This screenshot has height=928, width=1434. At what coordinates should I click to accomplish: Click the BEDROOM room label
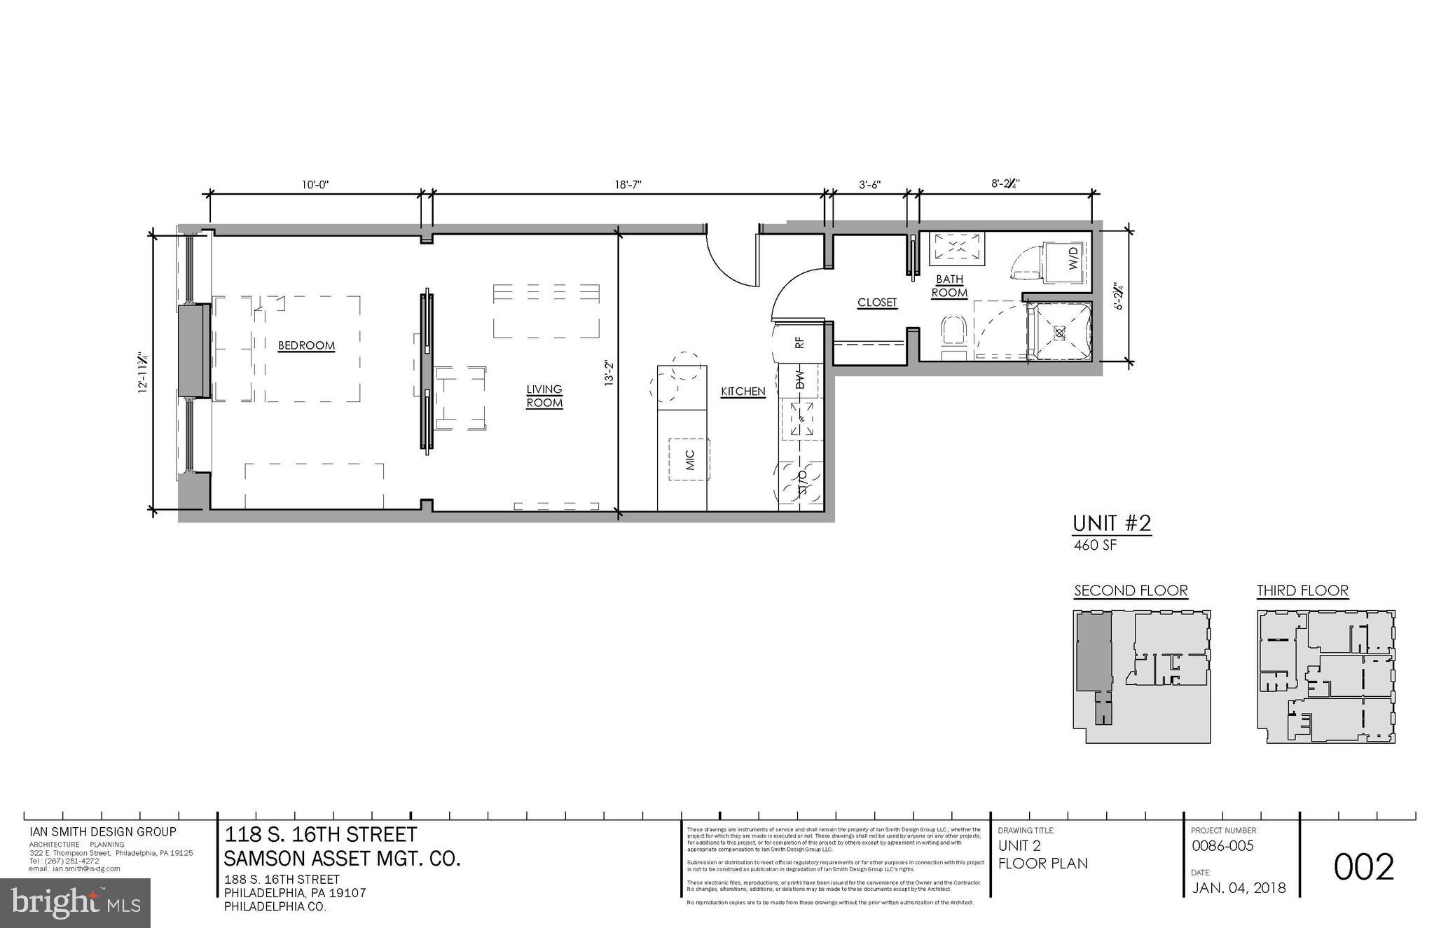pos(306,345)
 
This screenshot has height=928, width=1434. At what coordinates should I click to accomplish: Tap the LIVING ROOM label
pos(544,396)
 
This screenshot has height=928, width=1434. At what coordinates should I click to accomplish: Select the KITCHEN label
pos(743,392)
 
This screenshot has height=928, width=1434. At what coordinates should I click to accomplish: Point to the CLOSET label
pos(877,303)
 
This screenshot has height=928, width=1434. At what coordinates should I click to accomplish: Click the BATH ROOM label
pos(949,286)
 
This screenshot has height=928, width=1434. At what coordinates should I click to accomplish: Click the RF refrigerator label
pos(799,342)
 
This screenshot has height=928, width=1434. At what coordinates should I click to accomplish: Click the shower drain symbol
pos(1059,333)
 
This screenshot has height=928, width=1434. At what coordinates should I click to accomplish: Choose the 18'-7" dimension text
pos(628,185)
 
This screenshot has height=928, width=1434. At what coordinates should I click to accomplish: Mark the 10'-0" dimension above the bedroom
pos(315,185)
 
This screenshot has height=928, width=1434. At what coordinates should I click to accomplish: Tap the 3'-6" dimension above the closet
pos(869,185)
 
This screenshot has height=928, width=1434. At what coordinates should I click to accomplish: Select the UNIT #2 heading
pos(1112,523)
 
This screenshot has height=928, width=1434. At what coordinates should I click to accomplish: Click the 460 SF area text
pos(1096,545)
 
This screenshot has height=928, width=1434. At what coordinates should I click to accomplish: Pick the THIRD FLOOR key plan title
pos(1302,590)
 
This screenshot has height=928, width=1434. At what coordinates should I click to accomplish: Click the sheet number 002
pos(1363,867)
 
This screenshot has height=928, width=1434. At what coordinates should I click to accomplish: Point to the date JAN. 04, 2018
pos(1239,888)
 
